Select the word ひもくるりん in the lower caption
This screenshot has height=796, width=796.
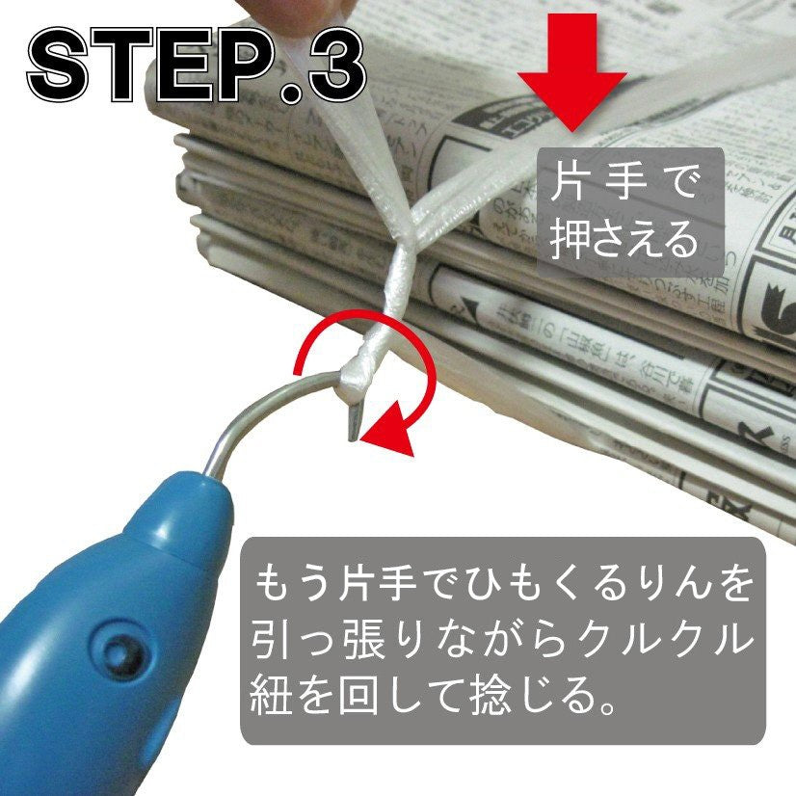click(549, 583)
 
